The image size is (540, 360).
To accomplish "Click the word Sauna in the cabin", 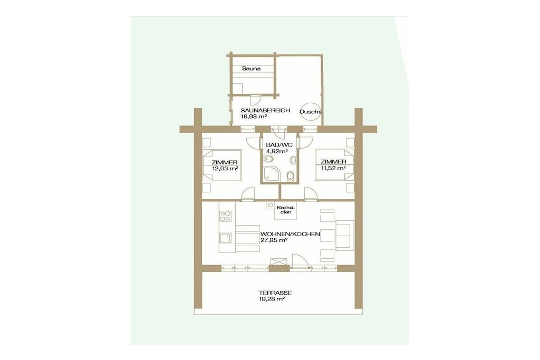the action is click(x=251, y=69).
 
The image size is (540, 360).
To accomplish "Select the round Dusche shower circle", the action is click(x=310, y=112).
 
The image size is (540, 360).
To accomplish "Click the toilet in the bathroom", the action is click(x=291, y=176).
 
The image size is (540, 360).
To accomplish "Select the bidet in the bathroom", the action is click(x=267, y=160).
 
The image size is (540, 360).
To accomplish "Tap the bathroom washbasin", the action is click(x=293, y=160).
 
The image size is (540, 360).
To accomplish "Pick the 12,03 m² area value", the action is click(x=225, y=169).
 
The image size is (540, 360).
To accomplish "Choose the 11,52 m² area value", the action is click(x=333, y=168).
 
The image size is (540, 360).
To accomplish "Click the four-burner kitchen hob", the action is click(x=226, y=216).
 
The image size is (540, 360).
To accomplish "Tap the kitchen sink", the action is click(x=225, y=239).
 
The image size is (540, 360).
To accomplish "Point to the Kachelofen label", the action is click(x=286, y=210).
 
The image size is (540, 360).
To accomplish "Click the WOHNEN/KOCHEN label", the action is click(x=291, y=234).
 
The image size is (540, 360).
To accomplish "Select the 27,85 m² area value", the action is click(x=274, y=240).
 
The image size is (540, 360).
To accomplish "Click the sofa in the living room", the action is click(x=345, y=235).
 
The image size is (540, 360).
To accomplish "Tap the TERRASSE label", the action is click(x=275, y=293).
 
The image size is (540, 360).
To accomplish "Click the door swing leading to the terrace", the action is click(x=300, y=260).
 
